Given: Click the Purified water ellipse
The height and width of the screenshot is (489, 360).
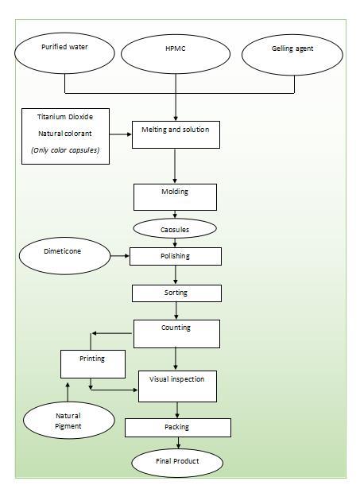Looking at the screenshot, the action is click(x=64, y=53).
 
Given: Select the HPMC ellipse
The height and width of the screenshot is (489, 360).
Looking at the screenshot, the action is click(x=176, y=54).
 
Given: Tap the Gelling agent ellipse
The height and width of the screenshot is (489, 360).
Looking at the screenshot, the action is click(x=292, y=55).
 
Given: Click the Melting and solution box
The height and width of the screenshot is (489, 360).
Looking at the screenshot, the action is click(x=176, y=134).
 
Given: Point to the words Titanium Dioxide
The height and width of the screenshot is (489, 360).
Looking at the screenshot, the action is click(x=65, y=117).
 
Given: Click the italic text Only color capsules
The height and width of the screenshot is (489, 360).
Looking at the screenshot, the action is click(x=65, y=150).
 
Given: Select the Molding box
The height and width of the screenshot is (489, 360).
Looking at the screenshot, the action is click(x=175, y=197).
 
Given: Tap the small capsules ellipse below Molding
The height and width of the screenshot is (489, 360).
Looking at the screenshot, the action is click(x=175, y=228).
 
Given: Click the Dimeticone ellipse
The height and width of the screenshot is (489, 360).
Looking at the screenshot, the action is click(x=64, y=256).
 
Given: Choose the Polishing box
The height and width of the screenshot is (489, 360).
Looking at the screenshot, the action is click(x=176, y=256).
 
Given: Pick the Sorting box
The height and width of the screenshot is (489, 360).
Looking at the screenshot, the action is click(x=176, y=293).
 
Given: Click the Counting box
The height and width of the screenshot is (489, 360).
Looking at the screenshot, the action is click(x=176, y=334).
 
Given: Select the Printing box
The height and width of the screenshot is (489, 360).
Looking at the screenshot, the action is click(x=93, y=364).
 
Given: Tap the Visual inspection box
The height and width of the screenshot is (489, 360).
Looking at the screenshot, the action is click(x=177, y=386).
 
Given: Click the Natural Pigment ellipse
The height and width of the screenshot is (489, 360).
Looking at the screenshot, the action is click(x=69, y=420).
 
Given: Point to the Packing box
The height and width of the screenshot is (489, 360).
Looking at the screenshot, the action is click(x=178, y=428).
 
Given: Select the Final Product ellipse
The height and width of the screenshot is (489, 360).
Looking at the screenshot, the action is click(x=177, y=463).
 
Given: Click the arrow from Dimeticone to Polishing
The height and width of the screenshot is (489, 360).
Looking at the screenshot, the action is click(x=120, y=256).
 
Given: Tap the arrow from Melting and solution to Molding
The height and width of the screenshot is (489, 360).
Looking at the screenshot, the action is click(x=175, y=166).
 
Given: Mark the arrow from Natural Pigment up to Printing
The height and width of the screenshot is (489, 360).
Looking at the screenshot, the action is click(x=68, y=392).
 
